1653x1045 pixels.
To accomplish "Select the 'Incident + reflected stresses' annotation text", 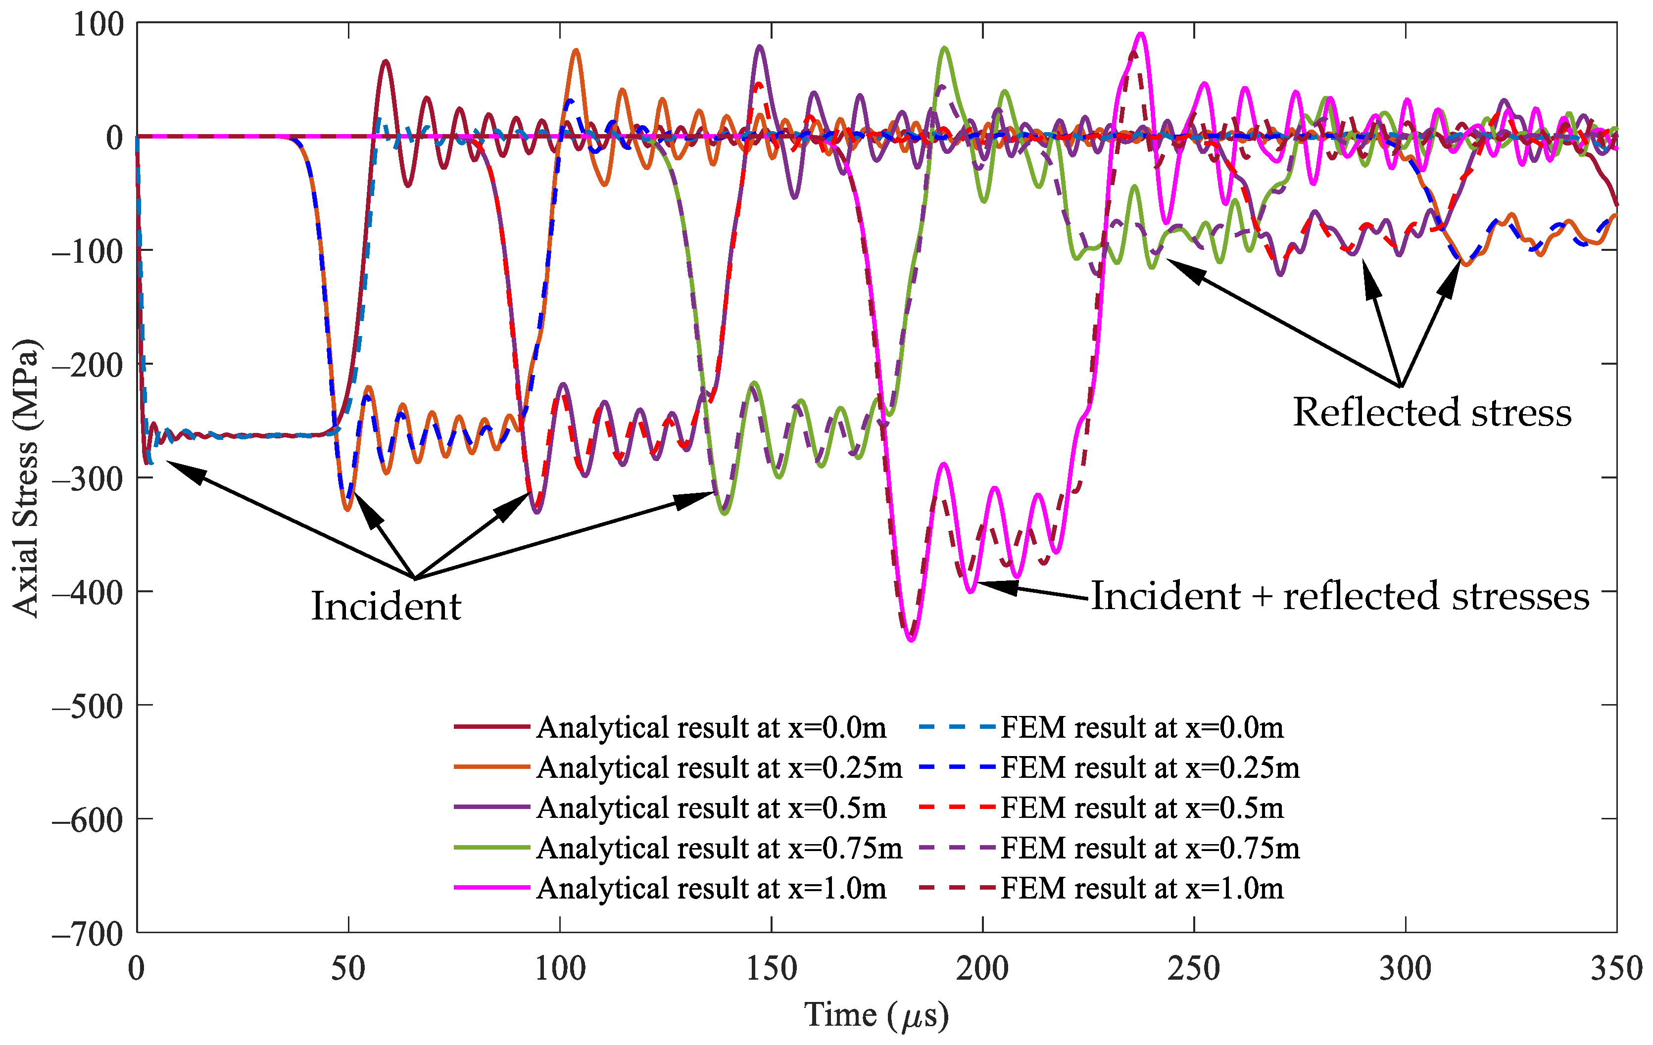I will pyautogui.click(x=1340, y=596).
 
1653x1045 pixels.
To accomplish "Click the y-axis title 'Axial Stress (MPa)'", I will pyautogui.click(x=26, y=478).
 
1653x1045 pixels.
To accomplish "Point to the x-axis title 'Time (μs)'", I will pyautogui.click(x=876, y=1015).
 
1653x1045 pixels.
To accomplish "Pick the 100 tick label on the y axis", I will pyautogui.click(x=98, y=25).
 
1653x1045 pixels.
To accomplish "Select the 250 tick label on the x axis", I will pyautogui.click(x=1194, y=969).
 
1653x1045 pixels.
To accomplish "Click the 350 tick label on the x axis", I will pyautogui.click(x=1616, y=969).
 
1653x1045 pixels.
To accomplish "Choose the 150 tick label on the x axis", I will pyautogui.click(x=772, y=969).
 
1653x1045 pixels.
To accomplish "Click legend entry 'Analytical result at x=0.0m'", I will pyautogui.click(x=711, y=727).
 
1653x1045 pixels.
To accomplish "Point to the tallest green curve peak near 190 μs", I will pyautogui.click(x=945, y=47).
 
